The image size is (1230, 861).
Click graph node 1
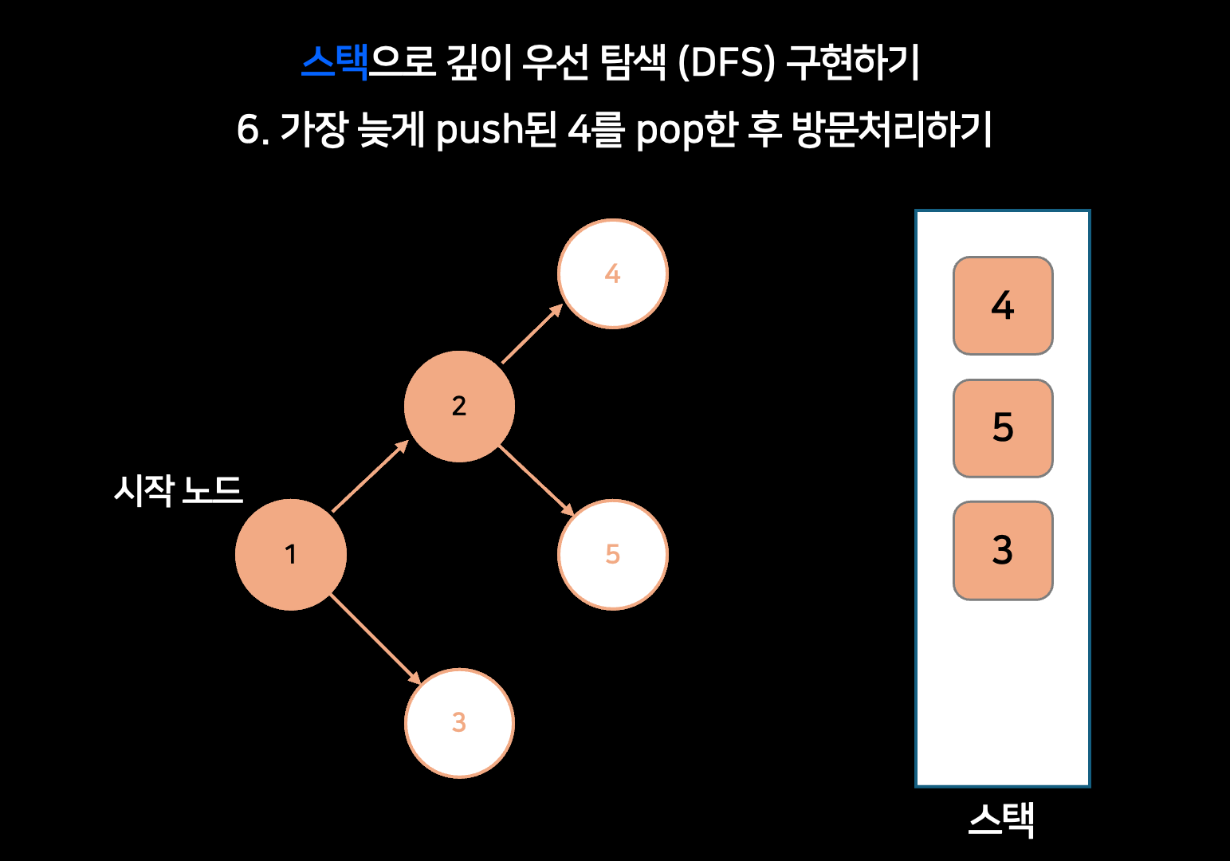[x=291, y=555]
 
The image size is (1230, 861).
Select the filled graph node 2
[x=459, y=407]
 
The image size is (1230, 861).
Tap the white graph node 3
[x=459, y=723]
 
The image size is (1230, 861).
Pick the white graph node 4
[x=612, y=273]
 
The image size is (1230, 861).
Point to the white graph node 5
[x=612, y=555]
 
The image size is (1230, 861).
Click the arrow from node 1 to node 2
[x=370, y=476]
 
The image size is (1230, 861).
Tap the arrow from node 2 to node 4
[x=532, y=334]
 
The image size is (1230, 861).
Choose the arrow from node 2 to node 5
[x=536, y=481]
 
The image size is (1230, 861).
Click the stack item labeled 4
[x=1003, y=306]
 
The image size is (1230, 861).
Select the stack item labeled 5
[x=1003, y=428]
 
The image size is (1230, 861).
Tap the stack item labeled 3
[x=1003, y=550]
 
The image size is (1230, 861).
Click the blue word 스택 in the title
[x=335, y=62]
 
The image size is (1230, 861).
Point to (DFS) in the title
[x=726, y=62]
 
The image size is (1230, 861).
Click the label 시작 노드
[x=178, y=489]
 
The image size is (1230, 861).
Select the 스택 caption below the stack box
[x=1001, y=820]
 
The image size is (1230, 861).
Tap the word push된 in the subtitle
[x=497, y=129]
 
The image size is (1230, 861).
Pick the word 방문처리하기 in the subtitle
[x=892, y=129]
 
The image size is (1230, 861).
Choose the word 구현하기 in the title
[x=853, y=62]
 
